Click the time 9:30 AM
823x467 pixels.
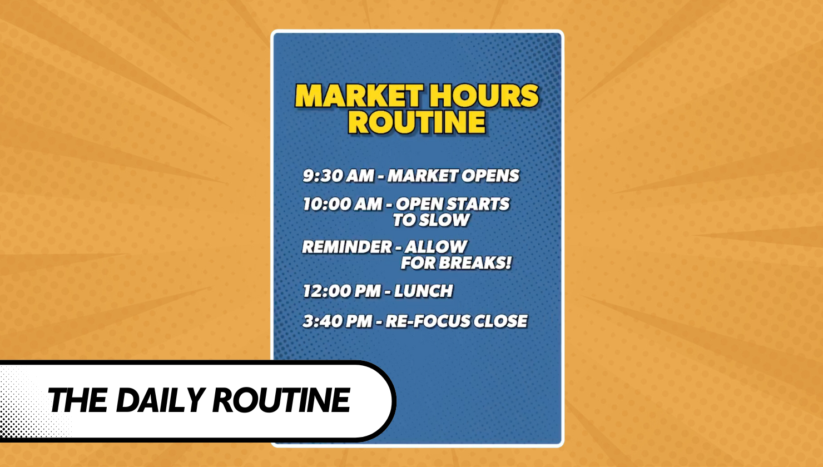pos(339,176)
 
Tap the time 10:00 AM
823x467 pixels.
pos(343,204)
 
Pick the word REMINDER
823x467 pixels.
pos(347,247)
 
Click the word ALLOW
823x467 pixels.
pos(436,247)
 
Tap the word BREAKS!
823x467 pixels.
pos(475,263)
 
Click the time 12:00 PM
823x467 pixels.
pos(341,291)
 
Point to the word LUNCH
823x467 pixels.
pos(424,291)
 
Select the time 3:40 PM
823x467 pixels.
pos(338,321)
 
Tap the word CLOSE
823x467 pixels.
pos(500,321)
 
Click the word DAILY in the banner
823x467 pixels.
pos(160,400)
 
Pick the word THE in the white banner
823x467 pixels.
pos(77,400)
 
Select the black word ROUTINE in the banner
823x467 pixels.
pos(281,400)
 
